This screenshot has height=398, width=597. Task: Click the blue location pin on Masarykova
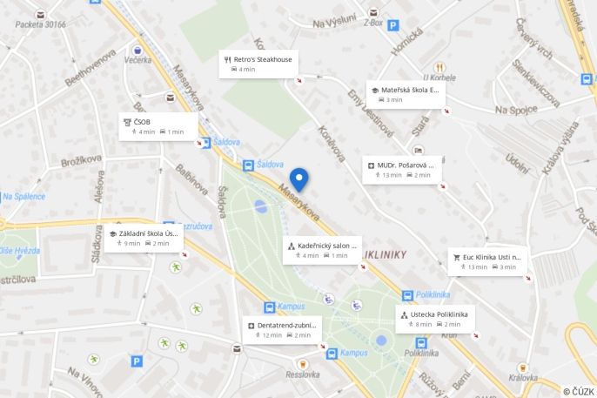coord(299,179)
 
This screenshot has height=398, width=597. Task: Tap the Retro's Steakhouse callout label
coord(258,64)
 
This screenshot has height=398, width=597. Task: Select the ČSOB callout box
coord(158,126)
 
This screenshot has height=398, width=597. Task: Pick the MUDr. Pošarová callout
coord(401,169)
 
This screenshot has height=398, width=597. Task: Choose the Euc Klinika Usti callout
coord(487,261)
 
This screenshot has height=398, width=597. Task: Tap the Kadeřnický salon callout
coord(322,250)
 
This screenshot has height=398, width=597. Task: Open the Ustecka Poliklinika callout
coord(433,318)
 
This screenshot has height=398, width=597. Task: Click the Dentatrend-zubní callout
coord(283,329)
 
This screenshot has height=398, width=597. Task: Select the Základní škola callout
coord(144,238)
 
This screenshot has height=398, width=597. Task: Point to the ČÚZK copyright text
coord(579,391)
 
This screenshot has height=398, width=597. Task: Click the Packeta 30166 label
coord(40,24)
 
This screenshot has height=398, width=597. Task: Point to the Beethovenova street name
coord(90,66)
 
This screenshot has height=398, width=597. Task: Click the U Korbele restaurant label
coord(439,78)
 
